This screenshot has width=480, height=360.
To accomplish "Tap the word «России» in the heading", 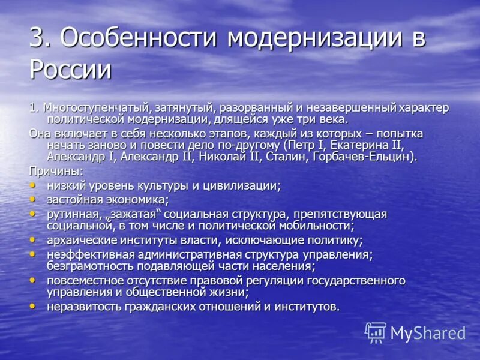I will point(70,70).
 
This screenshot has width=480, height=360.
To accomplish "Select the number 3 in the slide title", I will point(38,39).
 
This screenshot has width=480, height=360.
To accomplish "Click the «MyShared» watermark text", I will point(428,333).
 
